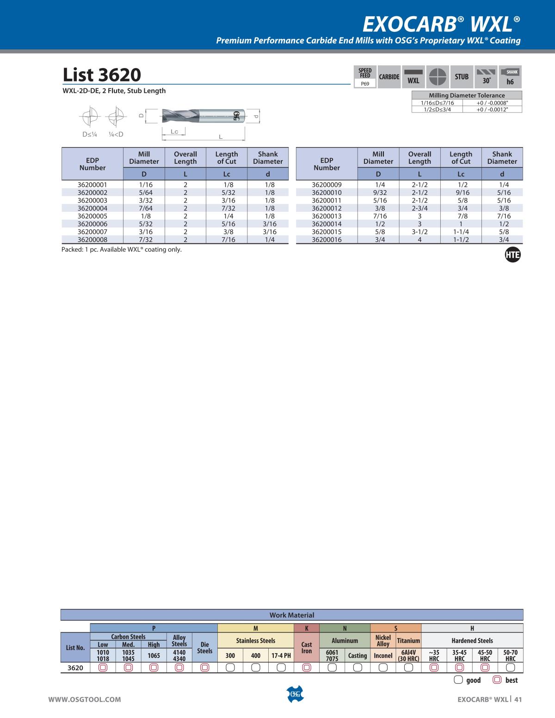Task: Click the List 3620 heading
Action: coord(102,74)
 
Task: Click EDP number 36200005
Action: coord(92,216)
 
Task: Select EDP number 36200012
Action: coord(327,208)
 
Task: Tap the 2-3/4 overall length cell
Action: coord(419,208)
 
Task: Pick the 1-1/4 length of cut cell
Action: coord(461,232)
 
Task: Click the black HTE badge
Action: coord(512,255)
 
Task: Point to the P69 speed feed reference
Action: coord(365,84)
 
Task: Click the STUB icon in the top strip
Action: coord(461,77)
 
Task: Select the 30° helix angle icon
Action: coord(486,77)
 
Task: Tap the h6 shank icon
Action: coord(510,77)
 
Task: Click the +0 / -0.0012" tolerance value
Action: coord(492,110)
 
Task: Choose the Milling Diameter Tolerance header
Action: coord(467,95)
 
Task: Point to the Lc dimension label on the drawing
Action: coord(174,132)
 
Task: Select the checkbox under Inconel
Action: coord(383,668)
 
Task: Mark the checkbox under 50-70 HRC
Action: coord(510,668)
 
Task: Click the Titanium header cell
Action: coord(408,641)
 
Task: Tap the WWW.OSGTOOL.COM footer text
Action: coord(85,699)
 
